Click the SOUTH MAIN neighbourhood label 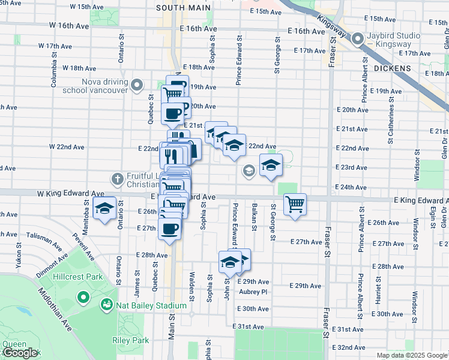coord(183,8)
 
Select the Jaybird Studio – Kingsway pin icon coord(358,40)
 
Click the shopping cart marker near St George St coord(295,204)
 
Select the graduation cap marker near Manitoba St coord(105,208)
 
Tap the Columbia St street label coord(54,72)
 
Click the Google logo coord(19,353)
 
